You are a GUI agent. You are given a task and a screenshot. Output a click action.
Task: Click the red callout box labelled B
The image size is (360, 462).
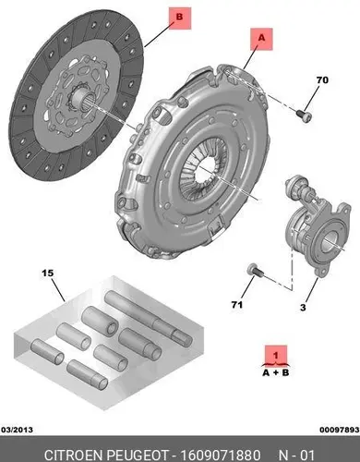180,18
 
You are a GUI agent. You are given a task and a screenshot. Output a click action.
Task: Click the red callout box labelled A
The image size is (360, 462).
261,39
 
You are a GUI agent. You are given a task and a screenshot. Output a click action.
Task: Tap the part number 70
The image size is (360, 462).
322,80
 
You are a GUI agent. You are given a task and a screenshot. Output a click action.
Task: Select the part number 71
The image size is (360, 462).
237,305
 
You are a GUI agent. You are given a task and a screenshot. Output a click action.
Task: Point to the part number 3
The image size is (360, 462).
303,307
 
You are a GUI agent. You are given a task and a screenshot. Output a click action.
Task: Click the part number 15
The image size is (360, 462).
48,273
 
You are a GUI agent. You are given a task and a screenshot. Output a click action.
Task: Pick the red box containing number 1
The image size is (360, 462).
276,356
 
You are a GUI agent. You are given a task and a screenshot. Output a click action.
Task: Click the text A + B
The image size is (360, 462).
276,372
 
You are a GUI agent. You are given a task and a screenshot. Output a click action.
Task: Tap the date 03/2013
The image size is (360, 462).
18,430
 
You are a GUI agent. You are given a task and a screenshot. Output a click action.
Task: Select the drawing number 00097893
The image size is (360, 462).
340,430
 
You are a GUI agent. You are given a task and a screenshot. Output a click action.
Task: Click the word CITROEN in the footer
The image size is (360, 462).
73,455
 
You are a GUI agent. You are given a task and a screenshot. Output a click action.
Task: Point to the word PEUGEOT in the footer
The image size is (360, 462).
138,455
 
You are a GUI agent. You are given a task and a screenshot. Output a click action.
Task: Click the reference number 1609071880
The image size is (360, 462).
220,455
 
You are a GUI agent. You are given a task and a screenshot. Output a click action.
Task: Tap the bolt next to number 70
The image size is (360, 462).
304,116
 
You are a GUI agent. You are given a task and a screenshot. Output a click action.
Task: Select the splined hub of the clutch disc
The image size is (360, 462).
79,98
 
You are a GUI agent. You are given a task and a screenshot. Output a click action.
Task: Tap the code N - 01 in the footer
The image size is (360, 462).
296,455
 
